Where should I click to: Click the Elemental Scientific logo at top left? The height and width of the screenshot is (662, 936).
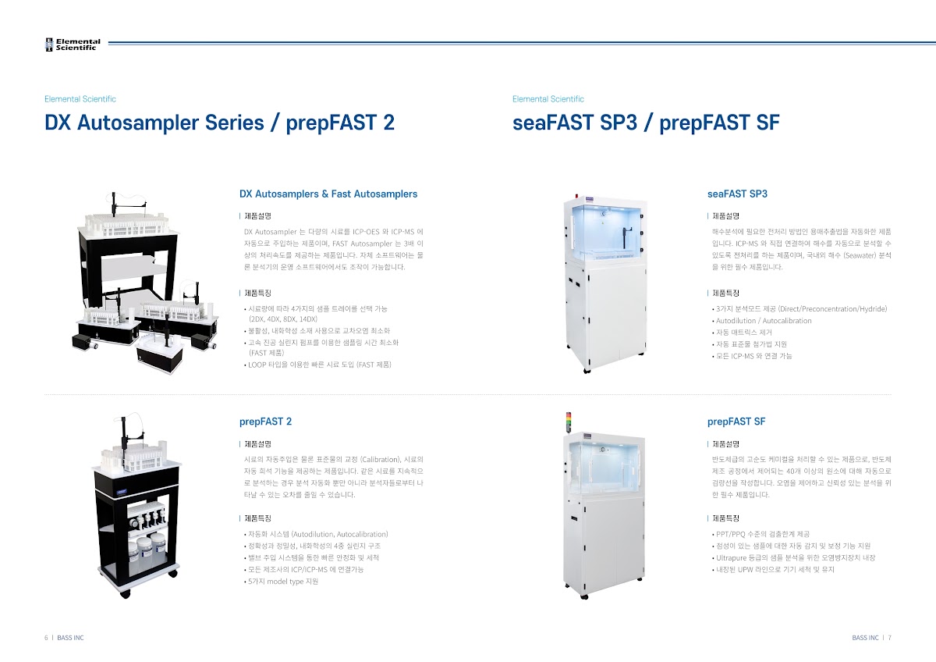[73, 44]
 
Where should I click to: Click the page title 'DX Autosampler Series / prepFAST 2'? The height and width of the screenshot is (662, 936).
[219, 123]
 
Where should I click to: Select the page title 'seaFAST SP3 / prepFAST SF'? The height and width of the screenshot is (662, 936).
[646, 123]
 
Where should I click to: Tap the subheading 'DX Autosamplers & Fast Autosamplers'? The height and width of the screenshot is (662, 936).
[328, 194]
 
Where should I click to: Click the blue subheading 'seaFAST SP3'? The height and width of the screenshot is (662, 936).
[738, 194]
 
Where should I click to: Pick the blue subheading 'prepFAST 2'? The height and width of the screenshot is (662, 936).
[265, 422]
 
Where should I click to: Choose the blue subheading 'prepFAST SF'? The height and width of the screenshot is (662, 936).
[736, 422]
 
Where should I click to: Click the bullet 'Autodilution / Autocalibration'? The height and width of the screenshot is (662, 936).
[762, 321]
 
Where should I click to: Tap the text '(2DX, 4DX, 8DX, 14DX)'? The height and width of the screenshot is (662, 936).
[283, 319]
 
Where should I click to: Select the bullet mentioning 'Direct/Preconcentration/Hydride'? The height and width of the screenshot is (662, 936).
[799, 309]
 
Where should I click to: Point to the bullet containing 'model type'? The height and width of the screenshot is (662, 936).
[282, 582]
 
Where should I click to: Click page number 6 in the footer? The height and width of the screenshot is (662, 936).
[46, 638]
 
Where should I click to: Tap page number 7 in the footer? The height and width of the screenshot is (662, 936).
[890, 638]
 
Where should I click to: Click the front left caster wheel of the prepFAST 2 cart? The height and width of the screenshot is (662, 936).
[126, 594]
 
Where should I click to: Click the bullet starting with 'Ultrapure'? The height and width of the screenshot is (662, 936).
[793, 558]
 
